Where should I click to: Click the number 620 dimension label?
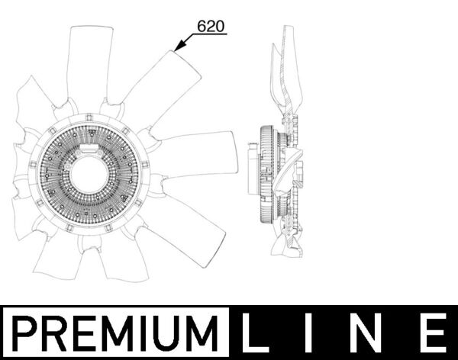pyautogui.click(x=211, y=26)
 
